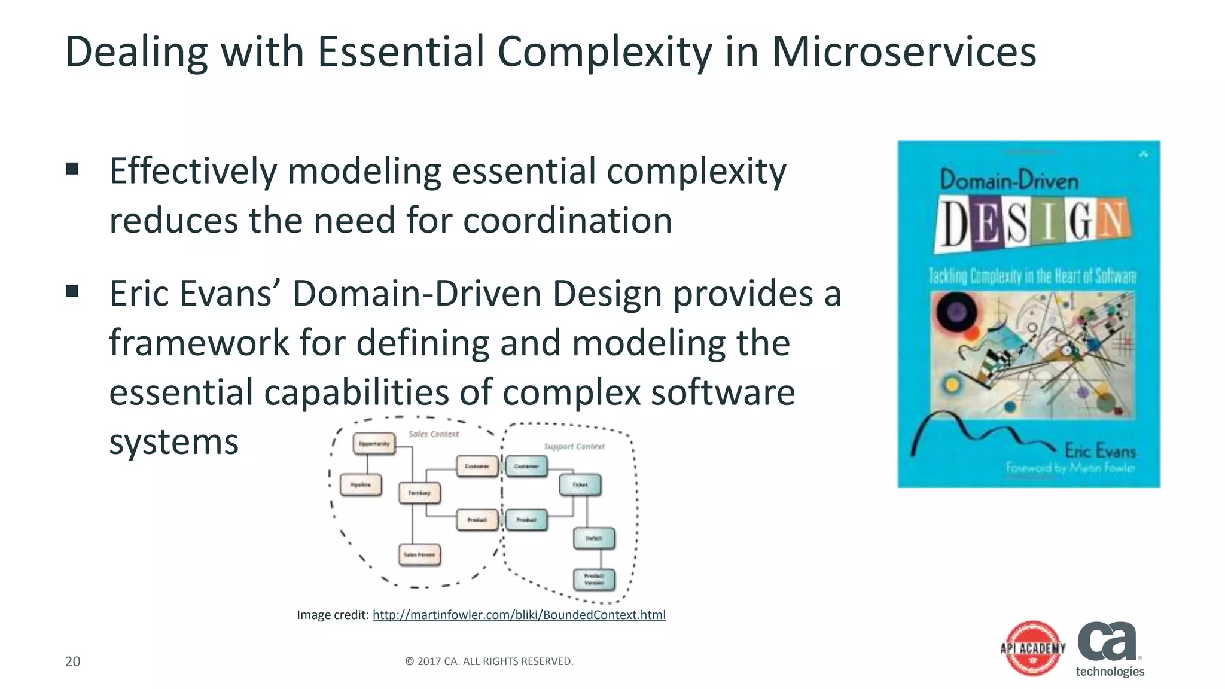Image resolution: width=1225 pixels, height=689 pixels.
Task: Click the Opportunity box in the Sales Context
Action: click(374, 444)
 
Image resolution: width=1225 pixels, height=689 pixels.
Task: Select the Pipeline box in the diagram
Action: click(361, 485)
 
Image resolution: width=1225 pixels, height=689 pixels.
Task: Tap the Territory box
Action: click(419, 493)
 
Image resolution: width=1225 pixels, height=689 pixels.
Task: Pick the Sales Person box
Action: click(419, 554)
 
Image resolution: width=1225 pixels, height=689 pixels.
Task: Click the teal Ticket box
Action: click(580, 484)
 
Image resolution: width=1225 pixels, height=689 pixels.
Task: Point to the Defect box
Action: click(593, 538)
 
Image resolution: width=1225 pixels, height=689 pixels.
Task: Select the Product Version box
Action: click(594, 579)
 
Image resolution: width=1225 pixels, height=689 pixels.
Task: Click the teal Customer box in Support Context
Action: click(526, 466)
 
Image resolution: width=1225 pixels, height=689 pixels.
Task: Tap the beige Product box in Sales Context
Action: click(477, 520)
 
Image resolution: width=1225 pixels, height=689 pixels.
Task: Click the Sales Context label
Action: click(434, 434)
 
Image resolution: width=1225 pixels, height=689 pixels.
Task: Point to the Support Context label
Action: click(574, 446)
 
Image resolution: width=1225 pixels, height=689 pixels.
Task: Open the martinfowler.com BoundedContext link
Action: click(519, 615)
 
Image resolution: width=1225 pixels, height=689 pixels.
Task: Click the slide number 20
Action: click(72, 661)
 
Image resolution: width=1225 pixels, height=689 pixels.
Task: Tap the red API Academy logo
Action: click(1033, 648)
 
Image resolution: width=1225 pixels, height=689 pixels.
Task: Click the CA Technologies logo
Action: click(1110, 649)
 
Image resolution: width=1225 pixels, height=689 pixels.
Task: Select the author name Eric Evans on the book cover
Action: click(1099, 450)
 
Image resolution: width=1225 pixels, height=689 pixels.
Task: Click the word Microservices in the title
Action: click(904, 52)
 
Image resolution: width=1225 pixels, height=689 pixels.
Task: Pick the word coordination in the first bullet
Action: click(568, 220)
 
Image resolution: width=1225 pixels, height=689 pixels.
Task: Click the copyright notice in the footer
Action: click(489, 661)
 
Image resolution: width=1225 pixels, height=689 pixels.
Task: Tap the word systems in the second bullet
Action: click(174, 442)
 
